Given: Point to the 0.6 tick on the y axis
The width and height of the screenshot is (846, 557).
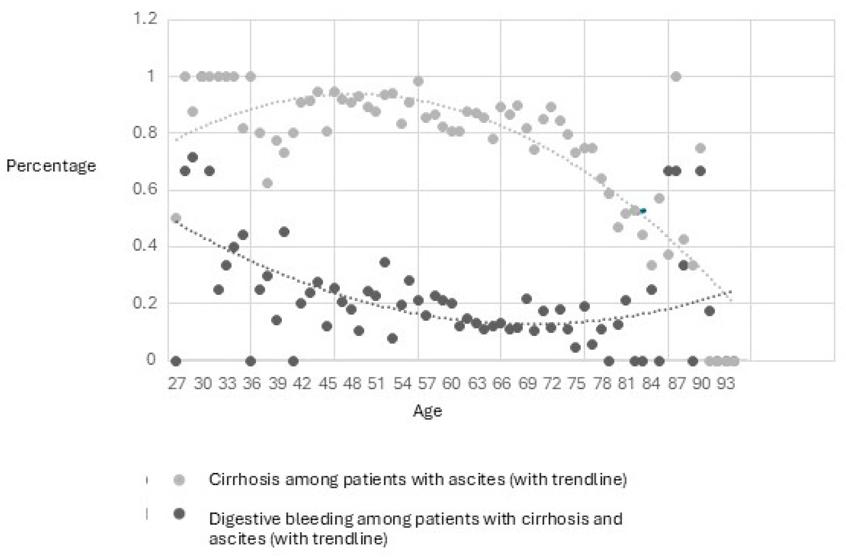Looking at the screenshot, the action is click(x=145, y=189).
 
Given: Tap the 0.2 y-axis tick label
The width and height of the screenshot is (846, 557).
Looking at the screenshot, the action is click(x=145, y=303).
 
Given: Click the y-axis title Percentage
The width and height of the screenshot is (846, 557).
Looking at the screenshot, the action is click(x=51, y=166).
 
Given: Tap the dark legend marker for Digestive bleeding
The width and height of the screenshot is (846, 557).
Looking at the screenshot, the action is click(x=180, y=514).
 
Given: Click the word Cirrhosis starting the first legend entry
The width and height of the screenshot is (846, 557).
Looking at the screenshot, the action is click(x=244, y=479).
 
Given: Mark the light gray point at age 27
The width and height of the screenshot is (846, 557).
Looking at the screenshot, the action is click(x=176, y=218).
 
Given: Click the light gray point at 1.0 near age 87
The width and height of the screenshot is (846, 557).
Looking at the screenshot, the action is click(x=676, y=76).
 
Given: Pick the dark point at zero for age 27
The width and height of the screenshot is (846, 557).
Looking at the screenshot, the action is click(x=176, y=362).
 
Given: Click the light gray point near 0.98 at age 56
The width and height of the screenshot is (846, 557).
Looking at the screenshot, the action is click(x=419, y=81).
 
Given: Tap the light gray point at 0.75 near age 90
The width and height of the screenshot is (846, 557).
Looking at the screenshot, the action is click(x=700, y=148).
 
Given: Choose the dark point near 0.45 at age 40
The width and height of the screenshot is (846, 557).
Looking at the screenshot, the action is click(x=284, y=232).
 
